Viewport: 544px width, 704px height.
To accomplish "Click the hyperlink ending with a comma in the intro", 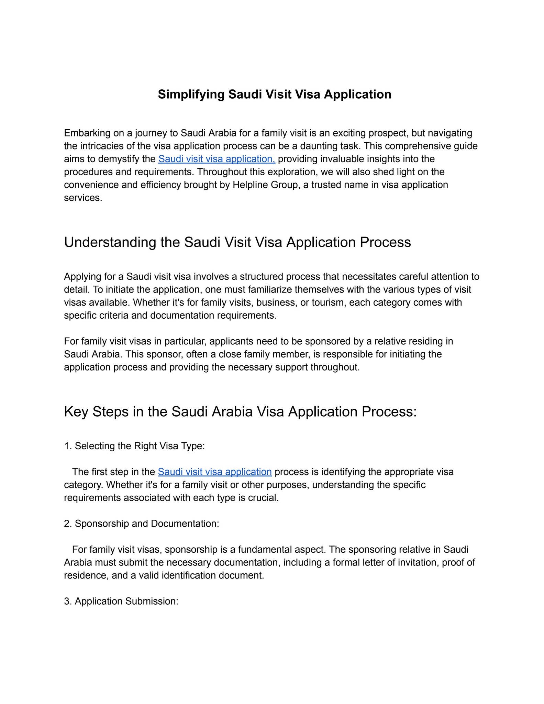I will (x=217, y=159).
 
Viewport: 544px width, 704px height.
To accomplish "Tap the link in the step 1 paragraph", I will (x=215, y=472).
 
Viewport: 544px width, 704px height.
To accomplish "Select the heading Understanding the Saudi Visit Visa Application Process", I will (x=237, y=242).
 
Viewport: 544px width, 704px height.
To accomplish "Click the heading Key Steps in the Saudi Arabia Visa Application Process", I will (x=240, y=412).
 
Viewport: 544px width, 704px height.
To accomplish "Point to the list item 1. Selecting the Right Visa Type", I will (x=134, y=446).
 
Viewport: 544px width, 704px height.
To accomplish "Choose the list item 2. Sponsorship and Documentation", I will (x=141, y=524).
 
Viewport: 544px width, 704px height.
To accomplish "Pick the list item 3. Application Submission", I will (x=121, y=601).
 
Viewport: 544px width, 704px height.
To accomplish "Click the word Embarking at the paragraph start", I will (x=87, y=133).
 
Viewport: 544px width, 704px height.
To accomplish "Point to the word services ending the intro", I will (x=83, y=198).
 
